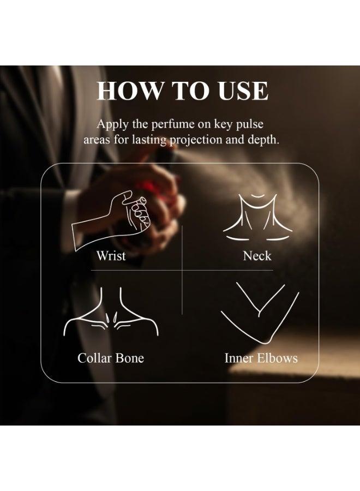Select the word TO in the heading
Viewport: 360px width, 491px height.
[190, 91]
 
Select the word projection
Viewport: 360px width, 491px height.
[196, 140]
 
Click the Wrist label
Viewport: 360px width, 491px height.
[111, 256]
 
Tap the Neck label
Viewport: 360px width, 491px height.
[257, 256]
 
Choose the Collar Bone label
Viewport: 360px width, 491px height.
[111, 358]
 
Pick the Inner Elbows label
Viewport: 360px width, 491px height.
[261, 358]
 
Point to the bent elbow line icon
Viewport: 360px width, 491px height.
[260, 313]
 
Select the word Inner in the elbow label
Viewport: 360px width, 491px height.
[238, 358]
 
